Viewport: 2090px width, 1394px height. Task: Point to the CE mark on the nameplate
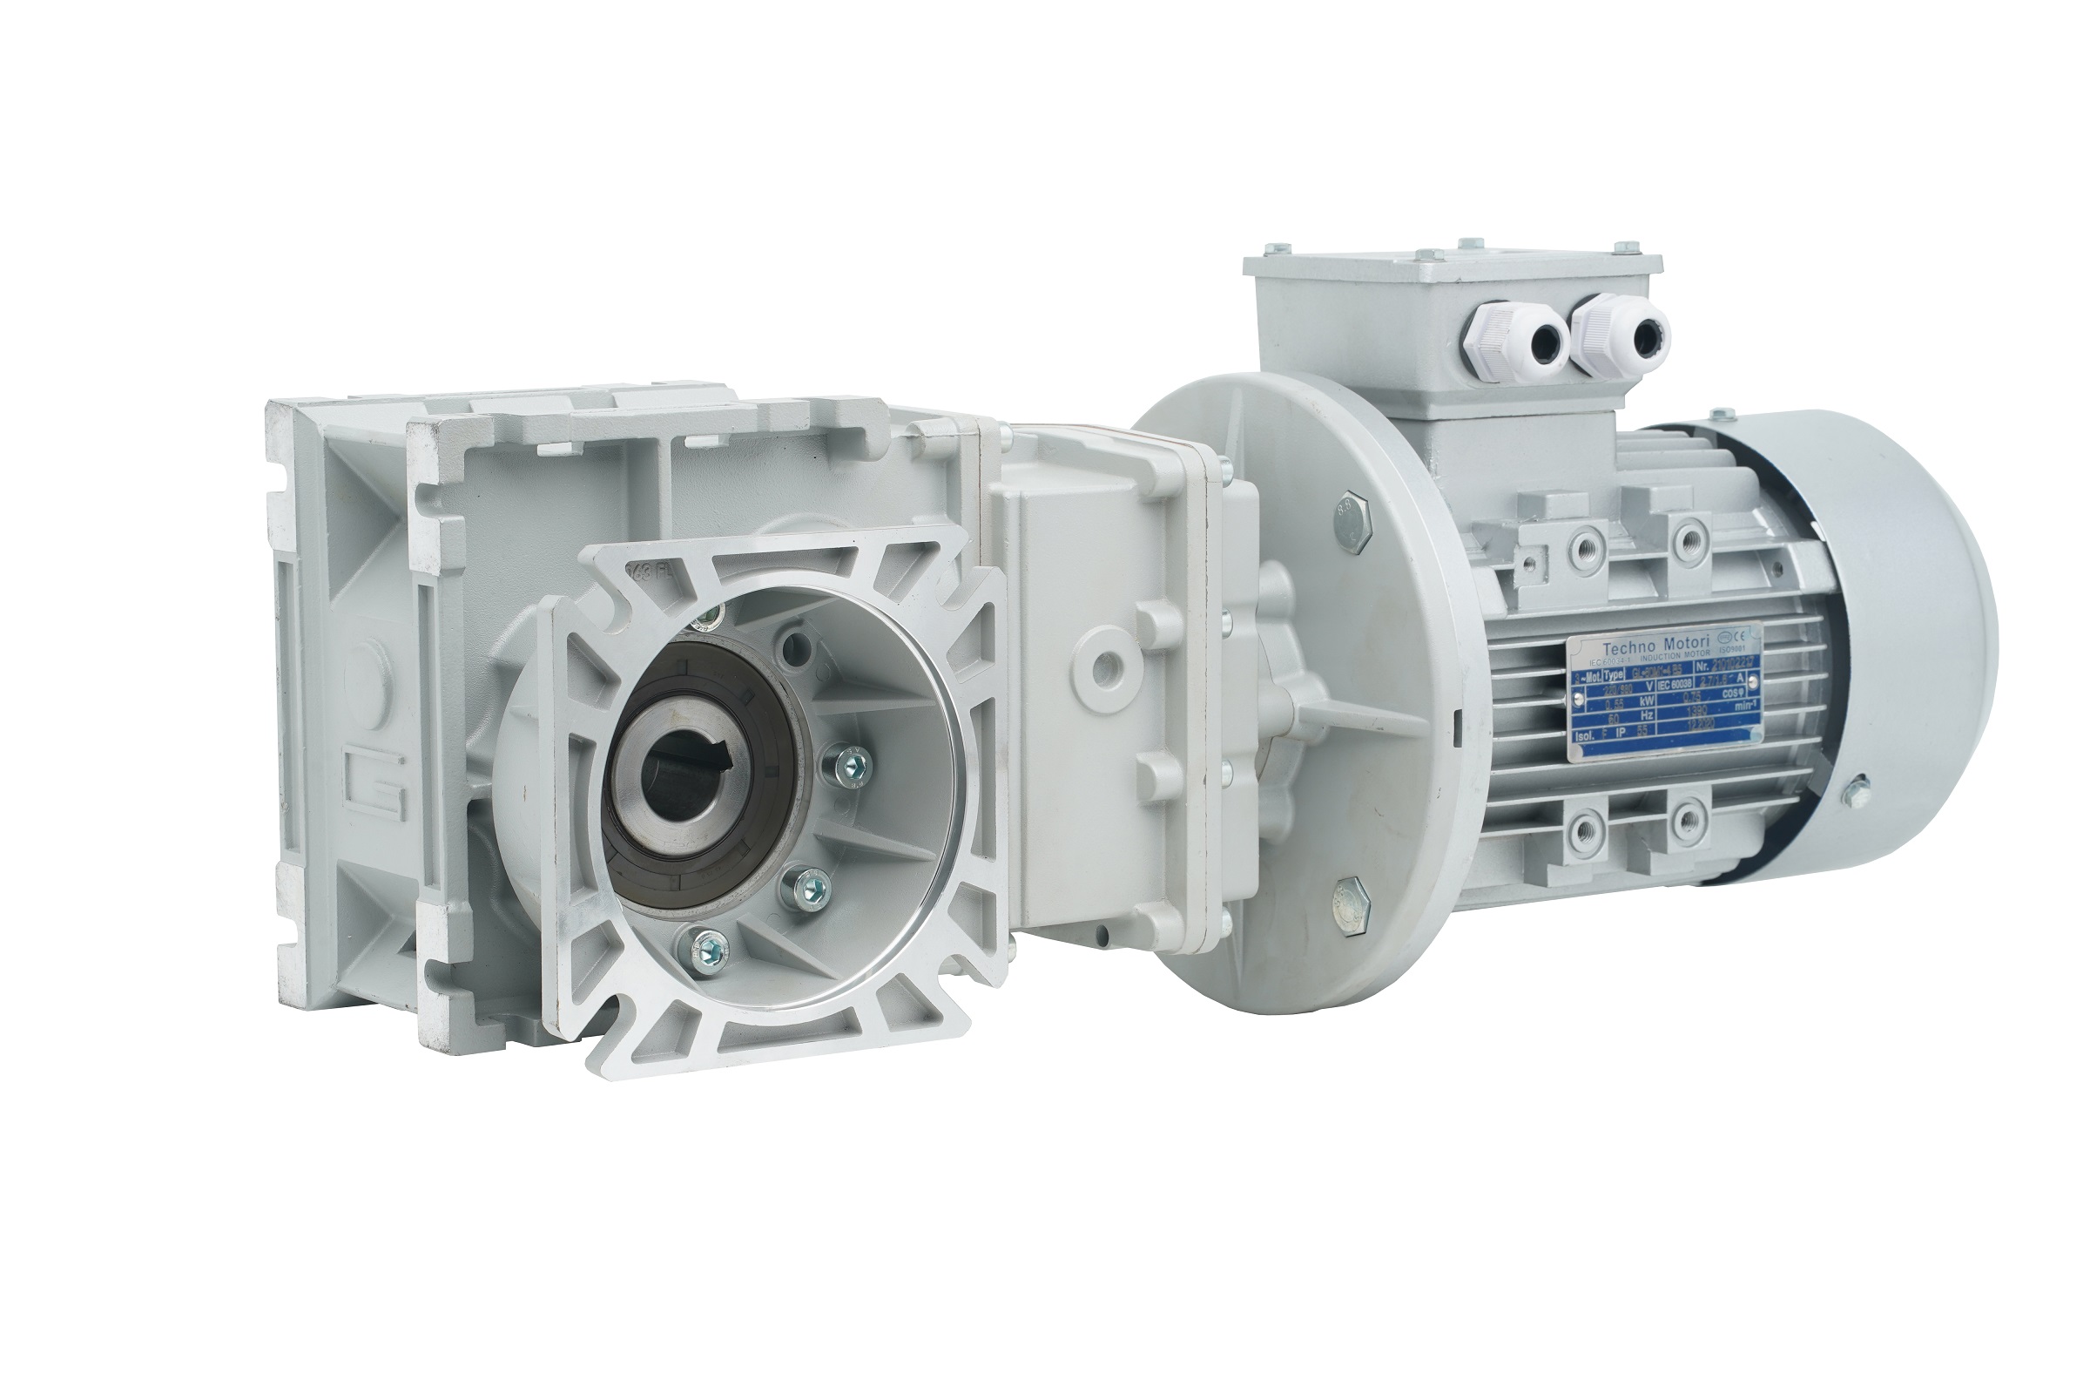click(x=1743, y=637)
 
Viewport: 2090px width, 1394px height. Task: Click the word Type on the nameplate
click(x=1615, y=679)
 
